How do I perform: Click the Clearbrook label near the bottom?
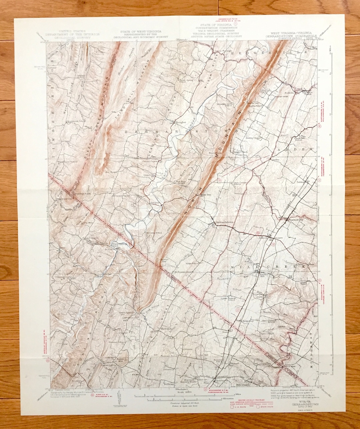click(x=222, y=380)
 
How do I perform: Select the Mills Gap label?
click(x=206, y=195)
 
